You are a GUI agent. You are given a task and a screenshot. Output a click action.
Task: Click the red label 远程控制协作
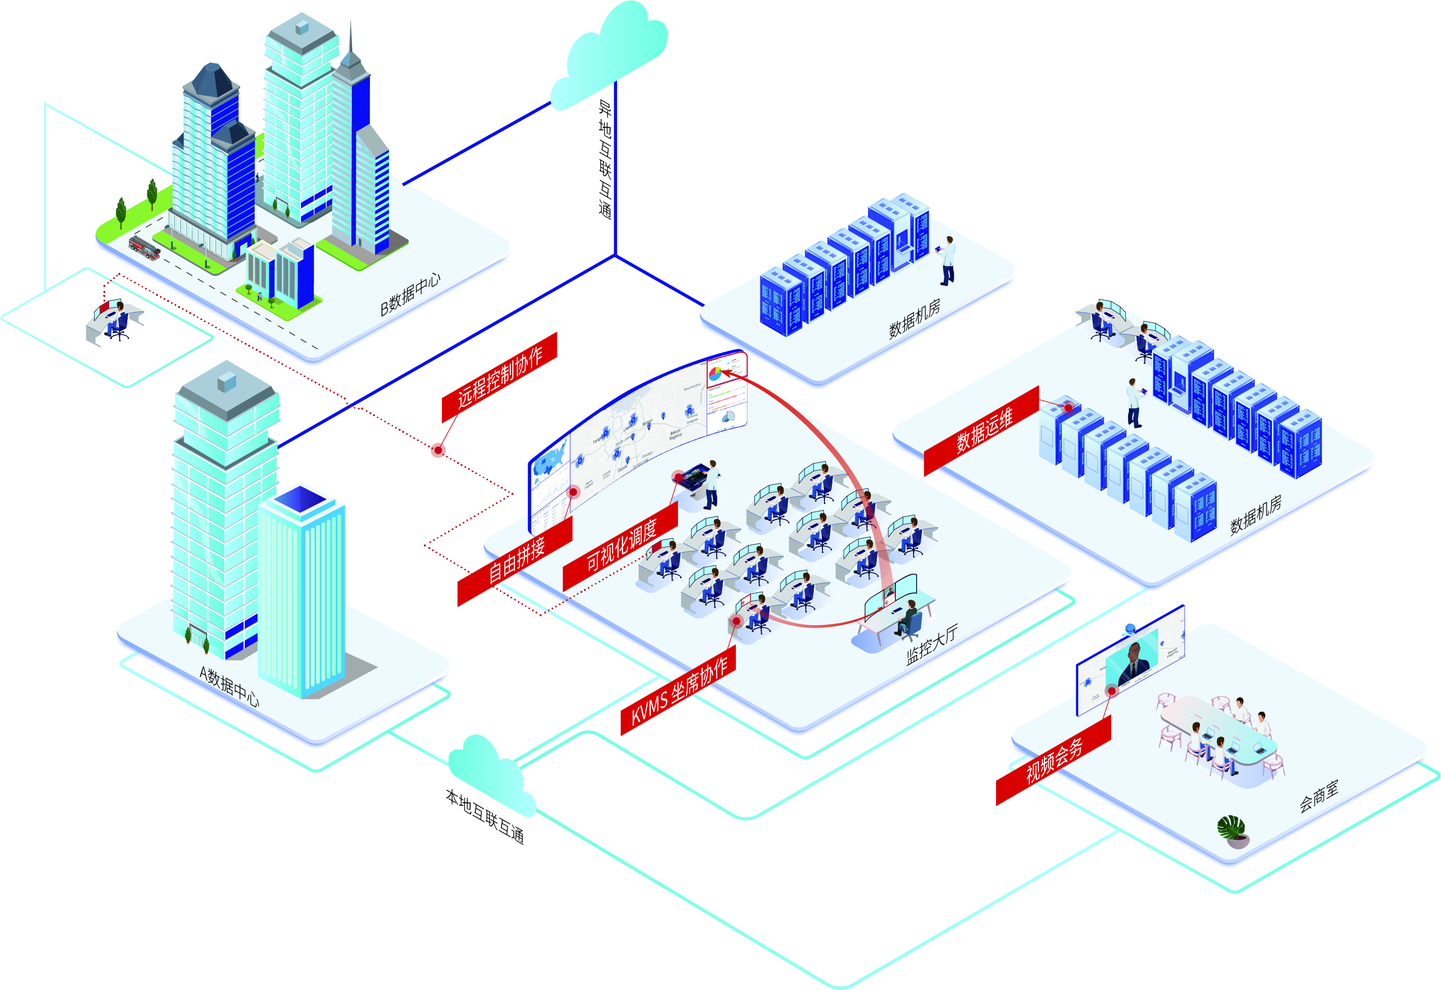click(x=499, y=377)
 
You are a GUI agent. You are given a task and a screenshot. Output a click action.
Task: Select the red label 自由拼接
click(x=515, y=561)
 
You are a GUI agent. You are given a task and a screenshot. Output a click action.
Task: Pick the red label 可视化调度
click(x=620, y=545)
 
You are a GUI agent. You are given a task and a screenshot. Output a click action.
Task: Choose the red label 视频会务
click(x=1053, y=760)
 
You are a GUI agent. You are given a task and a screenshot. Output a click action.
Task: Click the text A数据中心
click(x=229, y=686)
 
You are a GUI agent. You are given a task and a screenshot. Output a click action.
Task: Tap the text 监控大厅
click(x=931, y=645)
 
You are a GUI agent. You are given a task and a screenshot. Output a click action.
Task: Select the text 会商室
click(x=1319, y=795)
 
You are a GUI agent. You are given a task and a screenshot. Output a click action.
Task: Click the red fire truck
click(x=144, y=247)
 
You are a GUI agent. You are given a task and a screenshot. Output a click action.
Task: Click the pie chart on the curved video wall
click(x=715, y=373)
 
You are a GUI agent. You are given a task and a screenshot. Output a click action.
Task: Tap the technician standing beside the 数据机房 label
click(x=948, y=261)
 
